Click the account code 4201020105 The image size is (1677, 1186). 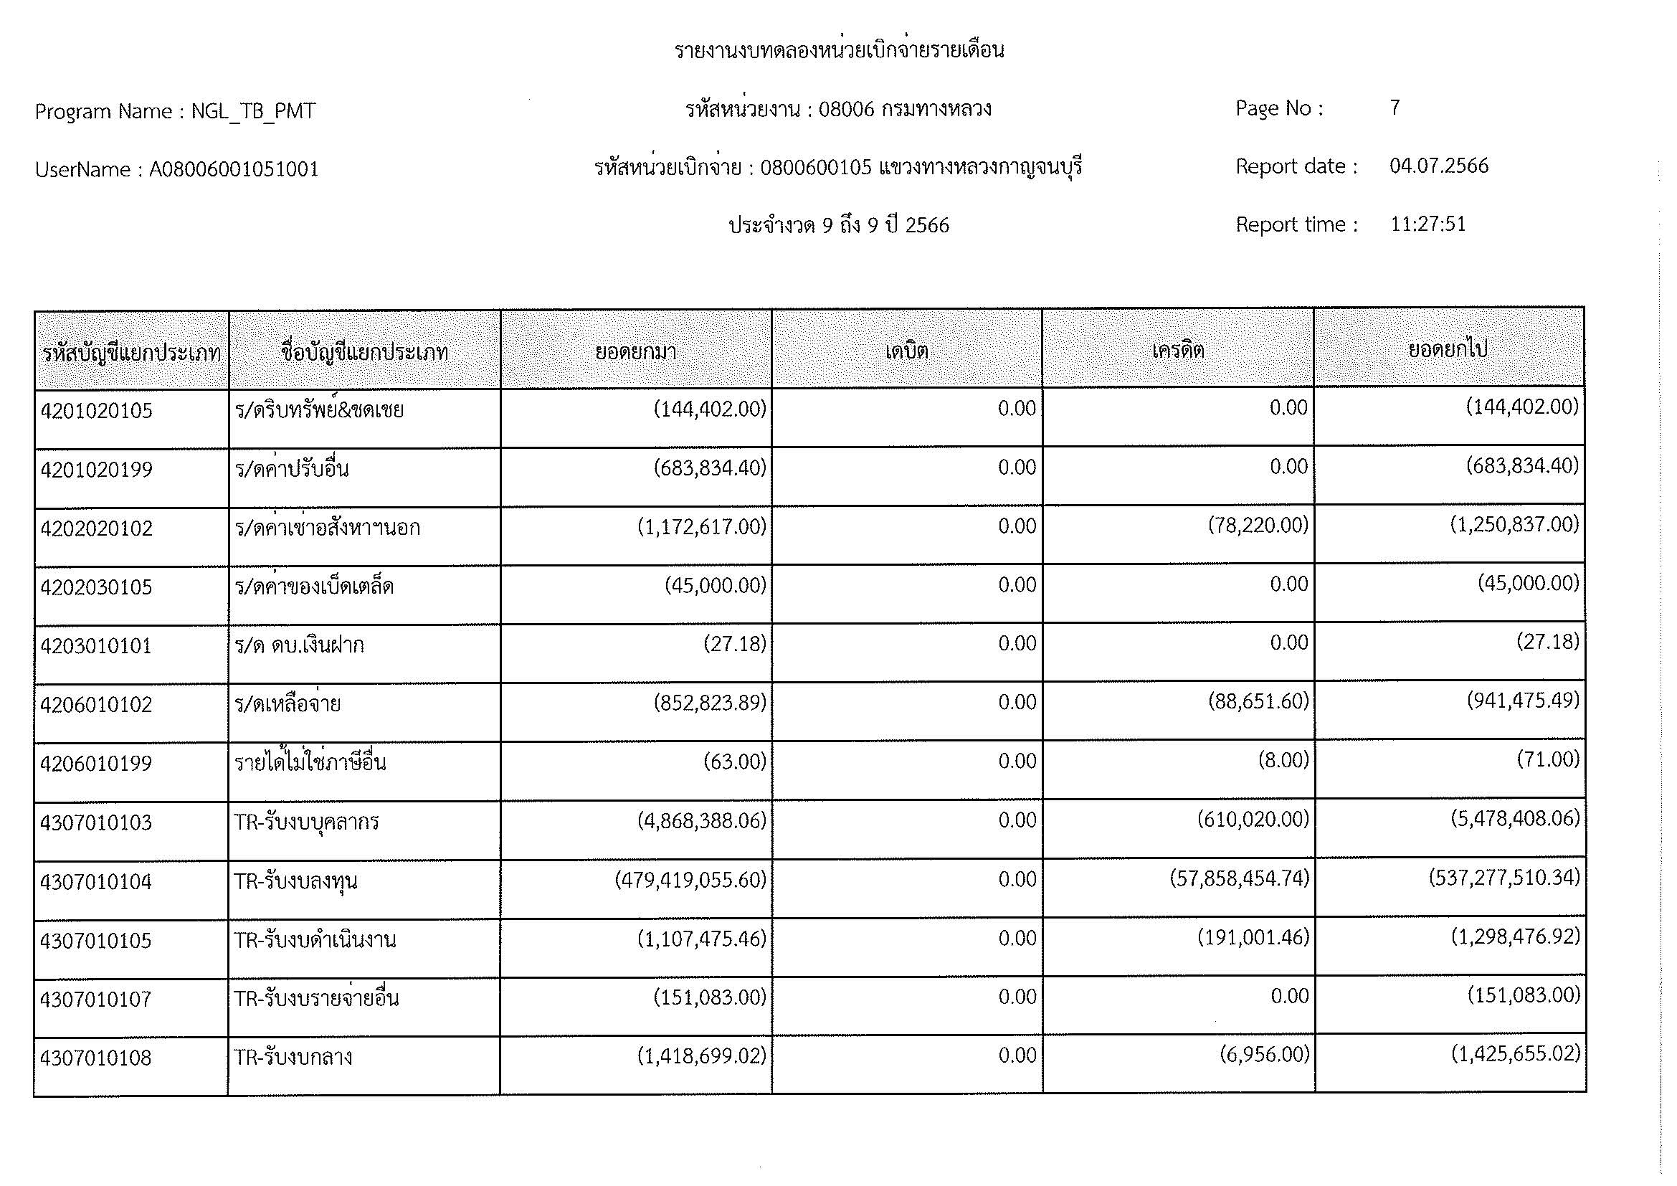point(96,411)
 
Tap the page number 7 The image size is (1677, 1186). point(1395,108)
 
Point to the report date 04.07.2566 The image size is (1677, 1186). point(1439,166)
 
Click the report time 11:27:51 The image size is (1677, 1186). point(1428,224)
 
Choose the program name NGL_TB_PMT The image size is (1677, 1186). point(252,112)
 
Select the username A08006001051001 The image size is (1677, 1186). point(234,170)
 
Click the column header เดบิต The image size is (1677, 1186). point(906,351)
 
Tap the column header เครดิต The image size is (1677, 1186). point(1177,351)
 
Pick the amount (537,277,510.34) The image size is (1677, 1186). point(1504,877)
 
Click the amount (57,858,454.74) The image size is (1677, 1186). point(1240,878)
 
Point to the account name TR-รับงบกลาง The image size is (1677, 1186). point(293,1058)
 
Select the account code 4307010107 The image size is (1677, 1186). point(95,999)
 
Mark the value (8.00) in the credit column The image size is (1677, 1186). point(1283,760)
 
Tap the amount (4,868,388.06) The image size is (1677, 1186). point(702,821)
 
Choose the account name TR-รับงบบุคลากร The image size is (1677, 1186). point(306,822)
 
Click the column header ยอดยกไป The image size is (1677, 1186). point(1448,350)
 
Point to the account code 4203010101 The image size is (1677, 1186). point(95,646)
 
